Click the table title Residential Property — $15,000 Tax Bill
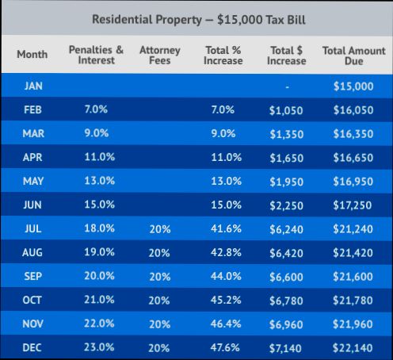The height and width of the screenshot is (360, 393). [x=196, y=17]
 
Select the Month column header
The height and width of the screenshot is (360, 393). [x=32, y=55]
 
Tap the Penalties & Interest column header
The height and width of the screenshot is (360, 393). [x=96, y=55]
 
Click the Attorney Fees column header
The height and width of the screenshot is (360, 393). [x=159, y=55]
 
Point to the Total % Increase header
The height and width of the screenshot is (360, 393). [x=223, y=55]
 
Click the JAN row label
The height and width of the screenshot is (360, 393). [x=32, y=86]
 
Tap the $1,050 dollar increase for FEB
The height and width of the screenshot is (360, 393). [x=286, y=111]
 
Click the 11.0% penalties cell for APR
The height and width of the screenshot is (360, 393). [x=100, y=158]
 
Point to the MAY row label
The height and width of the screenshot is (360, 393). [x=32, y=181]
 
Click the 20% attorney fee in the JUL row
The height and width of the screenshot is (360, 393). [x=159, y=229]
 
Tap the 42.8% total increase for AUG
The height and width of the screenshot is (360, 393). [x=227, y=253]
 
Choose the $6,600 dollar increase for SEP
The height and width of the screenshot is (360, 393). [x=286, y=277]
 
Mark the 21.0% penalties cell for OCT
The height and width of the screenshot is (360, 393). [x=100, y=300]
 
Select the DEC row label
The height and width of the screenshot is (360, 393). [x=32, y=347]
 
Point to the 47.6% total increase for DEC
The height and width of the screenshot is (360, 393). [x=227, y=347]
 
